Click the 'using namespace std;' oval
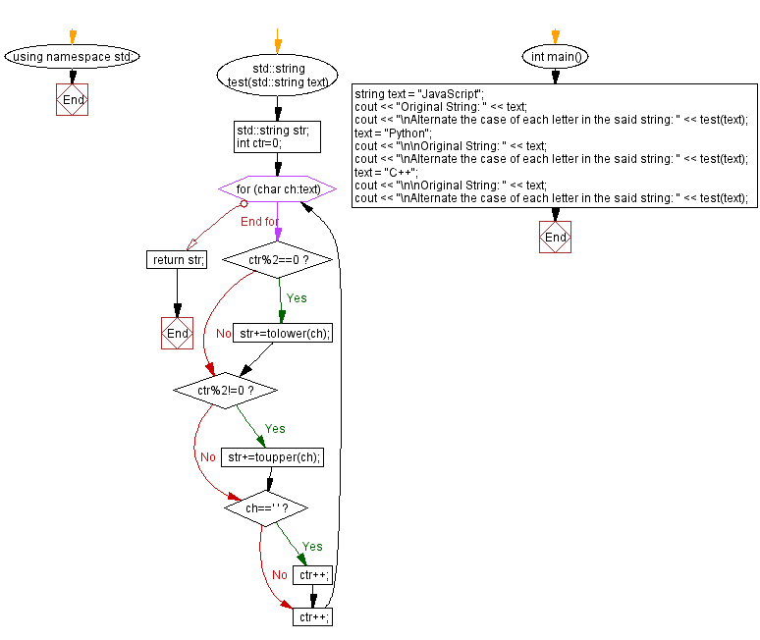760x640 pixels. (x=73, y=56)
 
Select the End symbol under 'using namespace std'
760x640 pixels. (x=73, y=100)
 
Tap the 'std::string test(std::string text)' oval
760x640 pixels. (x=277, y=76)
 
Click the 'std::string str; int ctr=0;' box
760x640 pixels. (x=277, y=136)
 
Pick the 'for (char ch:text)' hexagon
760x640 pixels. (x=277, y=187)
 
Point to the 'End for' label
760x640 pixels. (x=259, y=222)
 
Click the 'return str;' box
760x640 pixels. (x=177, y=260)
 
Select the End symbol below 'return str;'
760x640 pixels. (x=177, y=334)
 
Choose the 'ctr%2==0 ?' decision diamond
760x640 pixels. (x=279, y=260)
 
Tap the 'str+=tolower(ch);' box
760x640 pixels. (x=283, y=334)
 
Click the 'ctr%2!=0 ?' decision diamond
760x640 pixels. (x=225, y=391)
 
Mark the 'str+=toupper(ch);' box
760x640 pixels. (x=273, y=457)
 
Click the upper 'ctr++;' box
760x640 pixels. (x=313, y=574)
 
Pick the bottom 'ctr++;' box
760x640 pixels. (x=313, y=616)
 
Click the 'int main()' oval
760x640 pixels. (x=555, y=56)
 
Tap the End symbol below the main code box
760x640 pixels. (x=555, y=238)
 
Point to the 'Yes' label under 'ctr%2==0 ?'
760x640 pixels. (x=297, y=297)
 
